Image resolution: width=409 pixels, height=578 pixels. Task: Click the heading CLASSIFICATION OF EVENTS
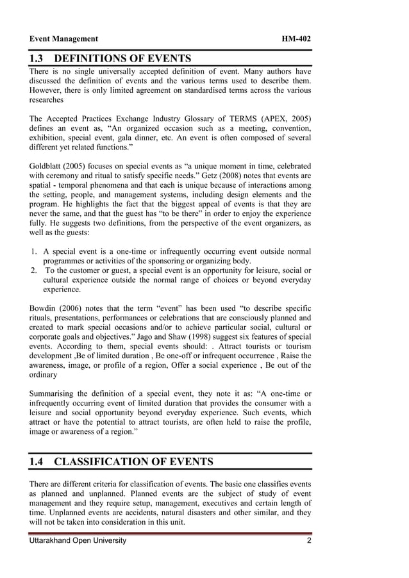coord(133,461)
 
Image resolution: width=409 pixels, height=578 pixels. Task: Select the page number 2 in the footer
coord(308,541)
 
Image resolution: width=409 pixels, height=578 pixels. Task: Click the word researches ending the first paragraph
coord(47,100)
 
